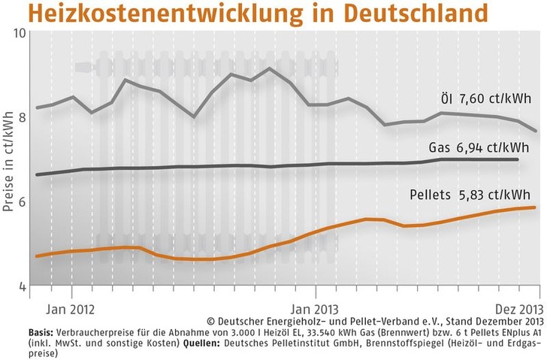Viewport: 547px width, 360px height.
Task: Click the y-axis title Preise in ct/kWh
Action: point(9,159)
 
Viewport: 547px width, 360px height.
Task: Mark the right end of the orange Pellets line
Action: point(534,207)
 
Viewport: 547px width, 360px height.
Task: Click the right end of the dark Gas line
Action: point(518,159)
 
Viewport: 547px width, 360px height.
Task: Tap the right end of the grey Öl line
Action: point(536,130)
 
